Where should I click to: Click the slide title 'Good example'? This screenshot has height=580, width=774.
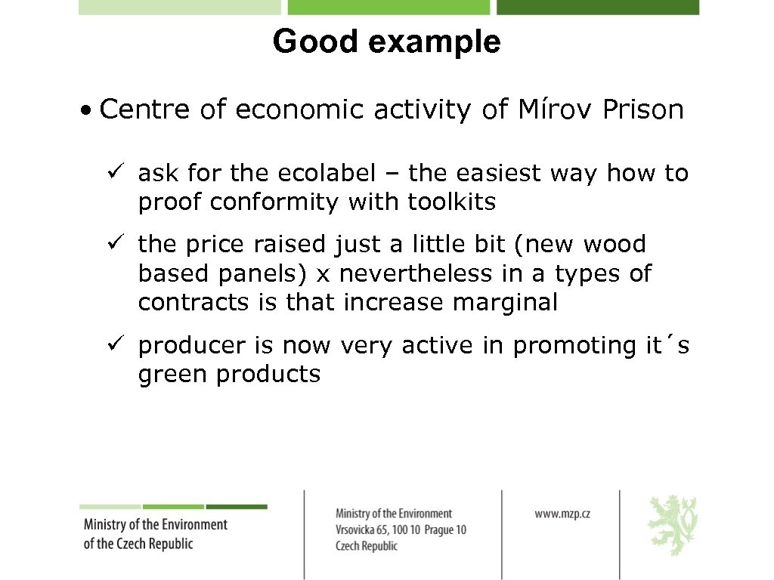click(x=386, y=42)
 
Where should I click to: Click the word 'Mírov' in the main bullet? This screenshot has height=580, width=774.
click(x=555, y=110)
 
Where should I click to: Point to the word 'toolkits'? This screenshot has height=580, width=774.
click(x=452, y=202)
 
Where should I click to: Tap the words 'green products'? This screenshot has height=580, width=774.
click(x=229, y=374)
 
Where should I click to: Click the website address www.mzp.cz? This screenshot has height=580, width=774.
click(x=562, y=514)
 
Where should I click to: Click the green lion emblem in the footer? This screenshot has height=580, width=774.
click(x=672, y=525)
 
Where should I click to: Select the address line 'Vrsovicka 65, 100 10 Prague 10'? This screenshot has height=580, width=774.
click(x=401, y=529)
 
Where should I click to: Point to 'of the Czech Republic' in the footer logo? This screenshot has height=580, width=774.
click(x=138, y=543)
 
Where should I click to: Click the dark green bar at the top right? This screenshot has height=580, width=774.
click(x=597, y=7)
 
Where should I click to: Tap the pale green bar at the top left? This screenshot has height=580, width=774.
click(x=180, y=7)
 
